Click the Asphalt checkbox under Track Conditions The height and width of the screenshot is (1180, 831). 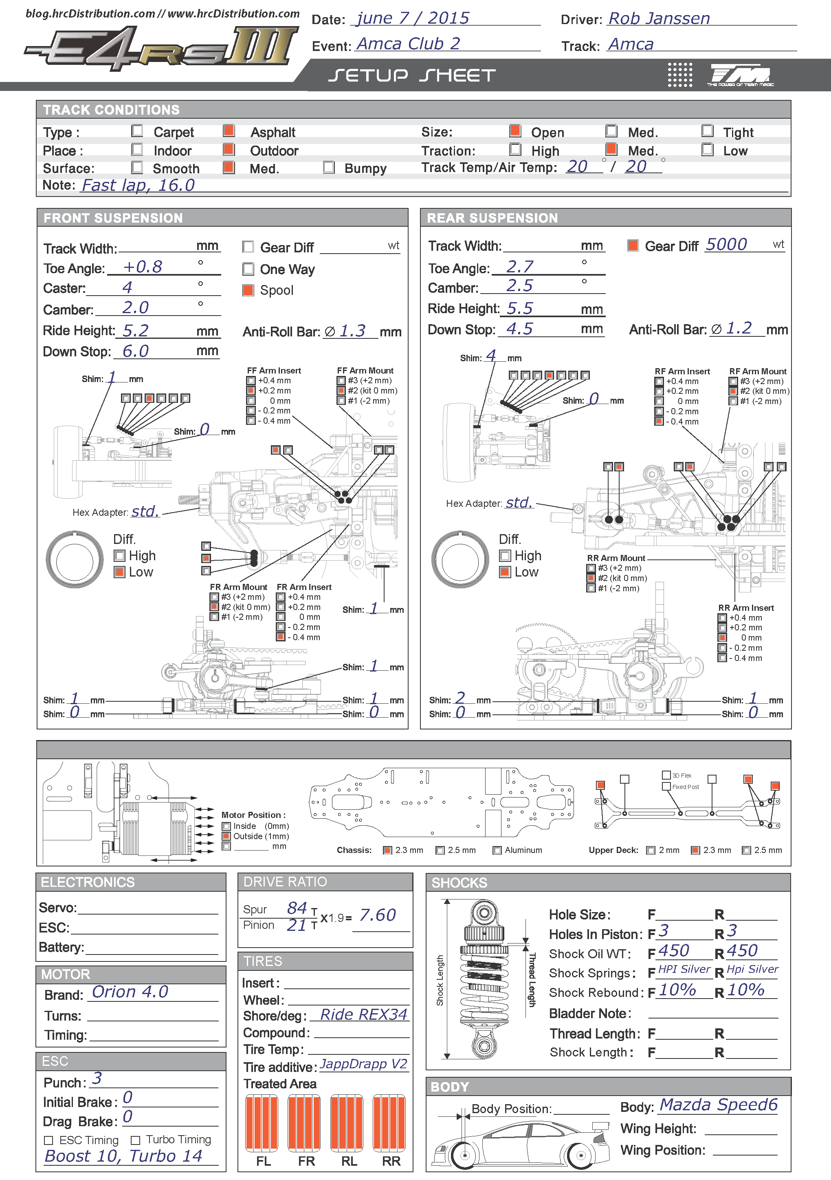click(229, 130)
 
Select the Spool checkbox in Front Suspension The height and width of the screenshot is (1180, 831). click(248, 290)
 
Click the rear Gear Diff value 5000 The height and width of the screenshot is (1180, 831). click(726, 245)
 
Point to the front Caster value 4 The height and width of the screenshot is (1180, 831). click(127, 287)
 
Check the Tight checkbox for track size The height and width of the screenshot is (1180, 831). click(707, 130)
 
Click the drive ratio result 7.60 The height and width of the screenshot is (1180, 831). click(378, 915)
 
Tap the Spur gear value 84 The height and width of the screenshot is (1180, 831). click(297, 908)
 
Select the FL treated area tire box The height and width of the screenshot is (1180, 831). click(262, 1123)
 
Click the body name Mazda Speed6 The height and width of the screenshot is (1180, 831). click(718, 1105)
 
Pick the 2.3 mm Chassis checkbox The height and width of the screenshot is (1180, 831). click(388, 850)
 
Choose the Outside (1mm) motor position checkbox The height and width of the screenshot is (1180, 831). click(226, 836)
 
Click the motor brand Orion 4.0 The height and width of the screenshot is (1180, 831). click(130, 992)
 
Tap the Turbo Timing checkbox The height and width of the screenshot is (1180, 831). click(136, 1140)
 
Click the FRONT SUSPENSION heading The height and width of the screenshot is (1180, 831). click(113, 218)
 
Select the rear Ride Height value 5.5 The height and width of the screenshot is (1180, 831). click(519, 308)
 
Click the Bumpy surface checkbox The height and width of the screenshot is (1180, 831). click(329, 167)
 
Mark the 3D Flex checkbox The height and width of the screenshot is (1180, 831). click(666, 775)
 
